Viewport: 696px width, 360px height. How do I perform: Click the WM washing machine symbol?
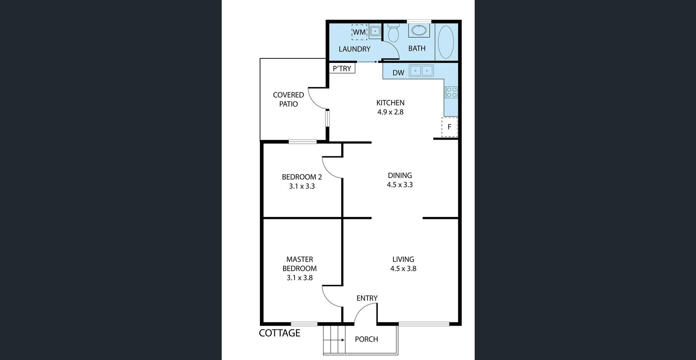point(359,32)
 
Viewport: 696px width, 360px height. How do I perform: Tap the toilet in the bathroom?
point(393,32)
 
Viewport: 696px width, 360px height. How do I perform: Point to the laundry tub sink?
point(375,31)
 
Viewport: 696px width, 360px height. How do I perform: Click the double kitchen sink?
point(421,71)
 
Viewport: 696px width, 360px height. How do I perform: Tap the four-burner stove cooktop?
point(451,92)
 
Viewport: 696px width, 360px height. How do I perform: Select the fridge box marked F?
point(449,127)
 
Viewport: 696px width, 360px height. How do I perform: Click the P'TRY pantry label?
point(342,68)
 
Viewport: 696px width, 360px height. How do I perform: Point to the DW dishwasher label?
point(398,72)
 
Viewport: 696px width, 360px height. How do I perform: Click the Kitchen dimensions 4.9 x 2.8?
point(390,112)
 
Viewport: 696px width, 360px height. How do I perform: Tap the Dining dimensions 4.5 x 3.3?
point(400,185)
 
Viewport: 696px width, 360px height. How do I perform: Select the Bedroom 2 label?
point(302,177)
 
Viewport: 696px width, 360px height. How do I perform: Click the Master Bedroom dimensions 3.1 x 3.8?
point(300,278)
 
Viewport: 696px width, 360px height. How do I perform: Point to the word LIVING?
point(403,259)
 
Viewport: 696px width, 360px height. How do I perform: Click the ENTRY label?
point(367,298)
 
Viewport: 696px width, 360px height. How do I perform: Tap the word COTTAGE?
point(280,333)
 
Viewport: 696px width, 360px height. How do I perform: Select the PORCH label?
point(366,339)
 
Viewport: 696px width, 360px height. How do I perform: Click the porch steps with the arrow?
point(334,339)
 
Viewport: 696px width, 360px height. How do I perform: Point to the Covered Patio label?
point(288,100)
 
